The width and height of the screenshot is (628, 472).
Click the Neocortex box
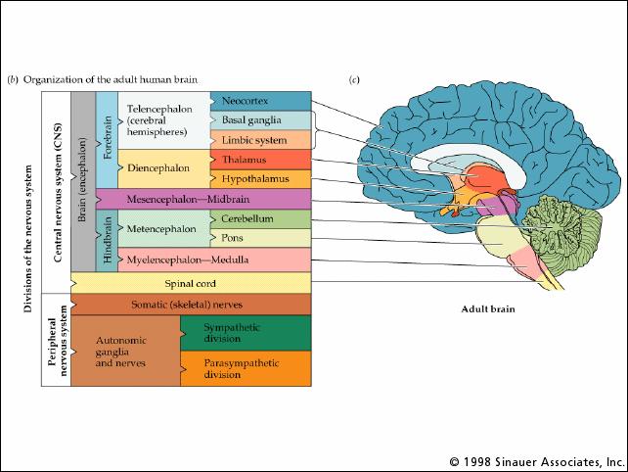pyautogui.click(x=261, y=101)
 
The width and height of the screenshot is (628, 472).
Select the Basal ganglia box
pyautogui.click(x=261, y=120)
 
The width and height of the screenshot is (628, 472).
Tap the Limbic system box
pyautogui.click(x=261, y=140)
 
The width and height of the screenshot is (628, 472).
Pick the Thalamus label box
pyautogui.click(x=261, y=160)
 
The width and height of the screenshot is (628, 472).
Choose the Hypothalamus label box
pyautogui.click(x=261, y=179)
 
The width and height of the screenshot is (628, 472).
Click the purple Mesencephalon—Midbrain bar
pyautogui.click(x=203, y=199)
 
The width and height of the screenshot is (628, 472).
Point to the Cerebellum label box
pyautogui.click(x=261, y=219)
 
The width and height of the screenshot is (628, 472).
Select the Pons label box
pyautogui.click(x=261, y=238)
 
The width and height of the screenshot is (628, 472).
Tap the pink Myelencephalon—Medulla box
pyautogui.click(x=214, y=260)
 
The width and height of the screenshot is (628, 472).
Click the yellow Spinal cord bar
pyautogui.click(x=191, y=283)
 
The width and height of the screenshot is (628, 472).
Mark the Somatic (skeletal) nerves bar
pyautogui.click(x=191, y=305)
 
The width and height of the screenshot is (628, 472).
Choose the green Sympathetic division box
pyautogui.click(x=246, y=333)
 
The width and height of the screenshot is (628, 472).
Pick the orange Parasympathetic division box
pyautogui.click(x=246, y=369)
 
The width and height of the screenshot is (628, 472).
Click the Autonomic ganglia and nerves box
pyautogui.click(x=126, y=351)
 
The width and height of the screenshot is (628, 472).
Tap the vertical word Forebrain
pyautogui.click(x=108, y=137)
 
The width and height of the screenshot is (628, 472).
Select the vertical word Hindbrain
pyautogui.click(x=108, y=240)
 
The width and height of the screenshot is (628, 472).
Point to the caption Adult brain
pyautogui.click(x=488, y=309)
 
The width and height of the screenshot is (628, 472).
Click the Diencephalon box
pyautogui.click(x=164, y=168)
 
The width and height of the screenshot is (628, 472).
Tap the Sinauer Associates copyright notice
pyautogui.click(x=537, y=462)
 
